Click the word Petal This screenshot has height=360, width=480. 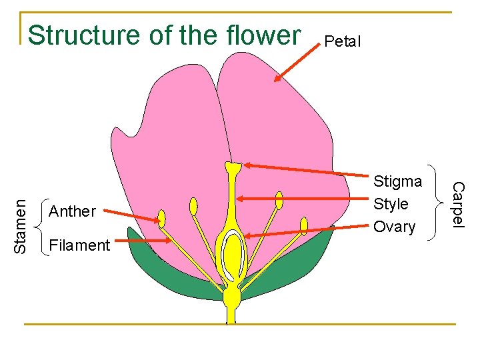(342, 42)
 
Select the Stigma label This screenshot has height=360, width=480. (397, 181)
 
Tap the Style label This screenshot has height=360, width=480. (391, 204)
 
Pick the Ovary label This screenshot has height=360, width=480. (394, 227)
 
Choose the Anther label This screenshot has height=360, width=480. (73, 211)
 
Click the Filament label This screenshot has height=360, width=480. (79, 245)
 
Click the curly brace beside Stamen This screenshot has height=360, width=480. (41, 227)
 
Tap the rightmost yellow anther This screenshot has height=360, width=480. (304, 226)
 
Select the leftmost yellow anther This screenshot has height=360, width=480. (161, 217)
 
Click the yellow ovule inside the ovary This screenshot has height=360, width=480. (233, 256)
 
